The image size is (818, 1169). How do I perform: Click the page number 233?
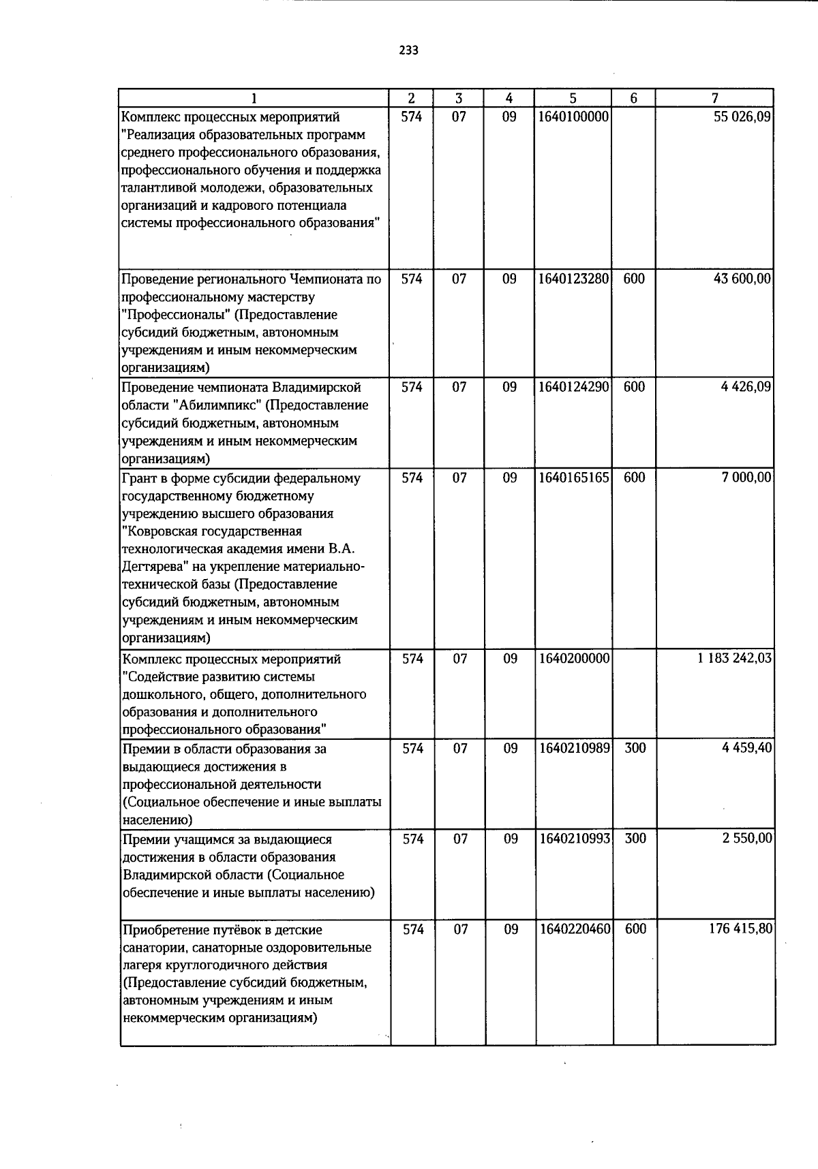[408, 50]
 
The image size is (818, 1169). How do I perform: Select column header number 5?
[573, 98]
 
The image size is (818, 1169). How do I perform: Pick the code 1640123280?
[573, 279]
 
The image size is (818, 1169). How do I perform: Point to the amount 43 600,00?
[742, 279]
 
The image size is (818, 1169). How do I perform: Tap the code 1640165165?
[573, 478]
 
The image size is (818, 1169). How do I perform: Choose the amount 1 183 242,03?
[734, 659]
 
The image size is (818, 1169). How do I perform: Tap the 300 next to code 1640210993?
[635, 839]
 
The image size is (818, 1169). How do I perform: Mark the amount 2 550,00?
[747, 839]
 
